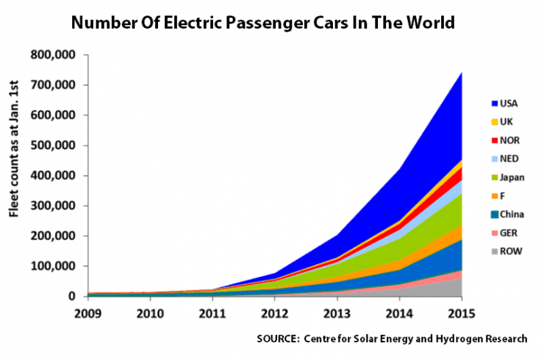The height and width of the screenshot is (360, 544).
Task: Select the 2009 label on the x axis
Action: click(x=87, y=311)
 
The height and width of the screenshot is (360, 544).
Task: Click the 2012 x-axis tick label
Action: click(x=273, y=311)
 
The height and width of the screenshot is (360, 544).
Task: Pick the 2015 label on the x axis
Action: click(x=459, y=311)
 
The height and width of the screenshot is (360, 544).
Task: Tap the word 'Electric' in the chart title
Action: click(x=215, y=23)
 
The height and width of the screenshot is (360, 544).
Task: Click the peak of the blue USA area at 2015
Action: click(x=459, y=73)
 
